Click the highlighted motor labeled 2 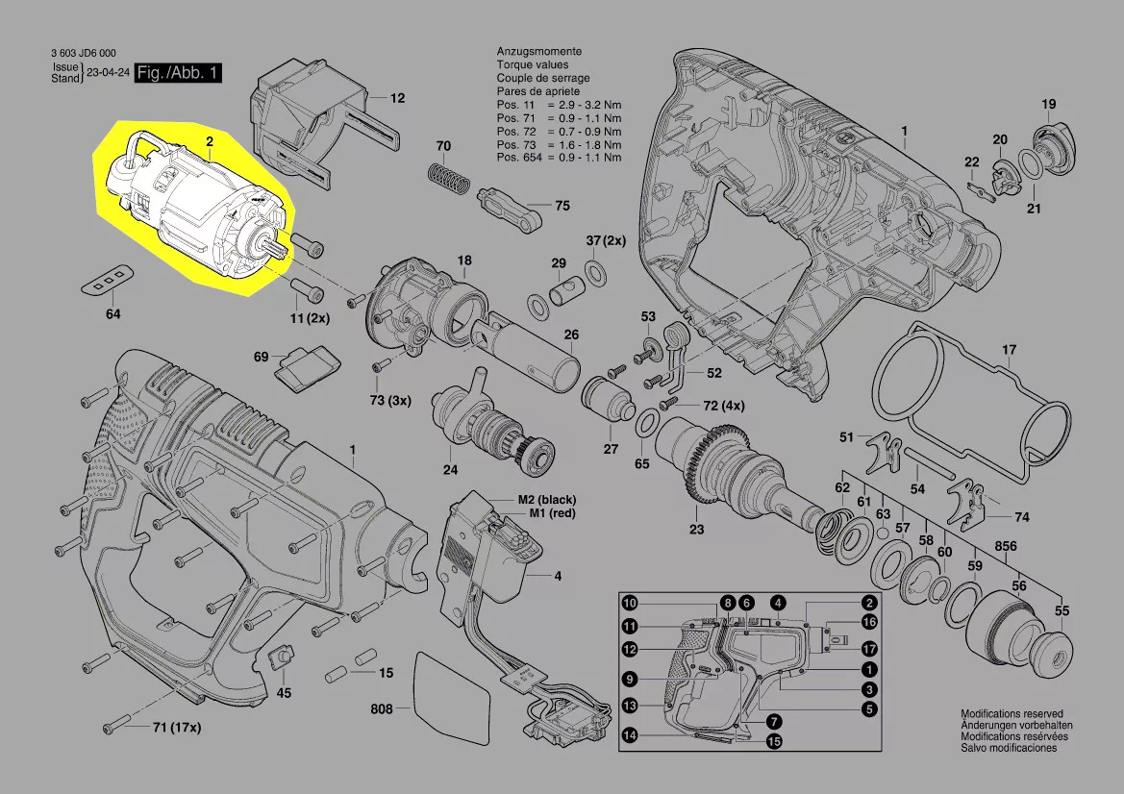(197, 207)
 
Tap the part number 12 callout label (397, 98)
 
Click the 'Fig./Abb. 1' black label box (179, 74)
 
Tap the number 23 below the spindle (696, 530)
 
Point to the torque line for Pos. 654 (559, 157)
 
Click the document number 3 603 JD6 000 (85, 54)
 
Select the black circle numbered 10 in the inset (629, 604)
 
